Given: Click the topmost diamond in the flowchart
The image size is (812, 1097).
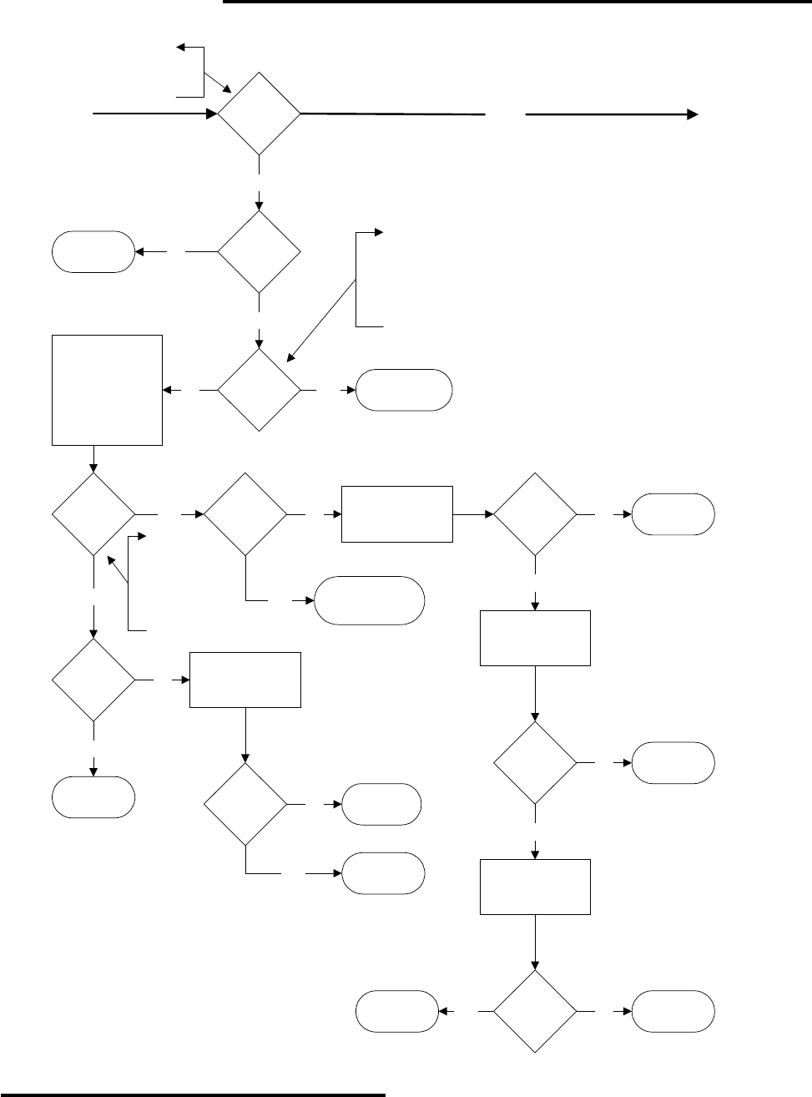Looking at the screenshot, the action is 259,114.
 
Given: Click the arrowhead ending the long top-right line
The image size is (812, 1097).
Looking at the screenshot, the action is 693,115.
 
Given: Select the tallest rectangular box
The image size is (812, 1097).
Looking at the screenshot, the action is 107,390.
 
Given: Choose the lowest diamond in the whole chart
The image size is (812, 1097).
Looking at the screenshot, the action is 535,1011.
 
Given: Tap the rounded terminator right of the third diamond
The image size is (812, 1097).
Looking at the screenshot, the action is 404,390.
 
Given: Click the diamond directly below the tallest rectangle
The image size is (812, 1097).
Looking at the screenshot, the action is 93,514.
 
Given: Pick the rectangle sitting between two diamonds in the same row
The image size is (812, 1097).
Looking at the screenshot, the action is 397,514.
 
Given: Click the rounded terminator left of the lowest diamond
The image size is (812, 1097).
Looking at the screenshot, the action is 397,1011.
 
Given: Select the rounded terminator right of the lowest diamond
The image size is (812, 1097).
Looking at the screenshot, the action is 673,1011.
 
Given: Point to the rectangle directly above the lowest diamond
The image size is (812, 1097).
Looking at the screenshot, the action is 535,887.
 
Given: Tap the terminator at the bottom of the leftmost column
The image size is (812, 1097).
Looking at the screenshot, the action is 93,796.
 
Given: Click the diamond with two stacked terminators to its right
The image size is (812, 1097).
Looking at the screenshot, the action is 245,804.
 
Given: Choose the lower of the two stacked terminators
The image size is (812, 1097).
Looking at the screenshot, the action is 383,873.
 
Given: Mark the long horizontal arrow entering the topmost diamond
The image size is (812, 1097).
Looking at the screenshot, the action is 150,114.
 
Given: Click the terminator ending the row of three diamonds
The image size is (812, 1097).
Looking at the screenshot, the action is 673,514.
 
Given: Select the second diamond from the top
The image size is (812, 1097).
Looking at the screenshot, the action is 259,251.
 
